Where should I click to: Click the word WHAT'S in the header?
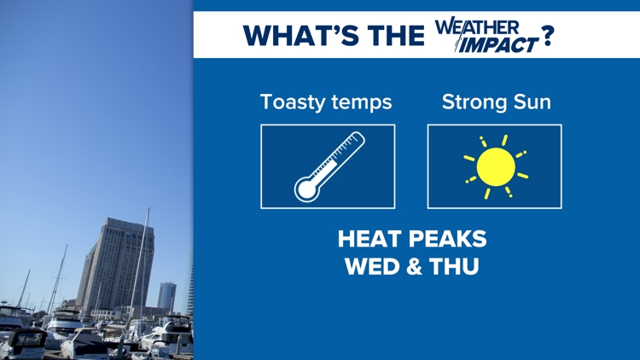click(x=301, y=36)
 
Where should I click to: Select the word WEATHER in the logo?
click(x=477, y=27)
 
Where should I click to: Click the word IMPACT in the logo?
click(x=498, y=44)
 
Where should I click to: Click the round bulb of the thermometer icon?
click(x=307, y=189)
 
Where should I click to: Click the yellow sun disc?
click(x=496, y=167)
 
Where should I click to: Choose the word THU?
click(x=454, y=266)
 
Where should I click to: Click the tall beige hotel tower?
click(x=116, y=265)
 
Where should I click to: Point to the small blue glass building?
click(x=166, y=296)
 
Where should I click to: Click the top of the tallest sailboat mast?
click(x=149, y=209)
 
